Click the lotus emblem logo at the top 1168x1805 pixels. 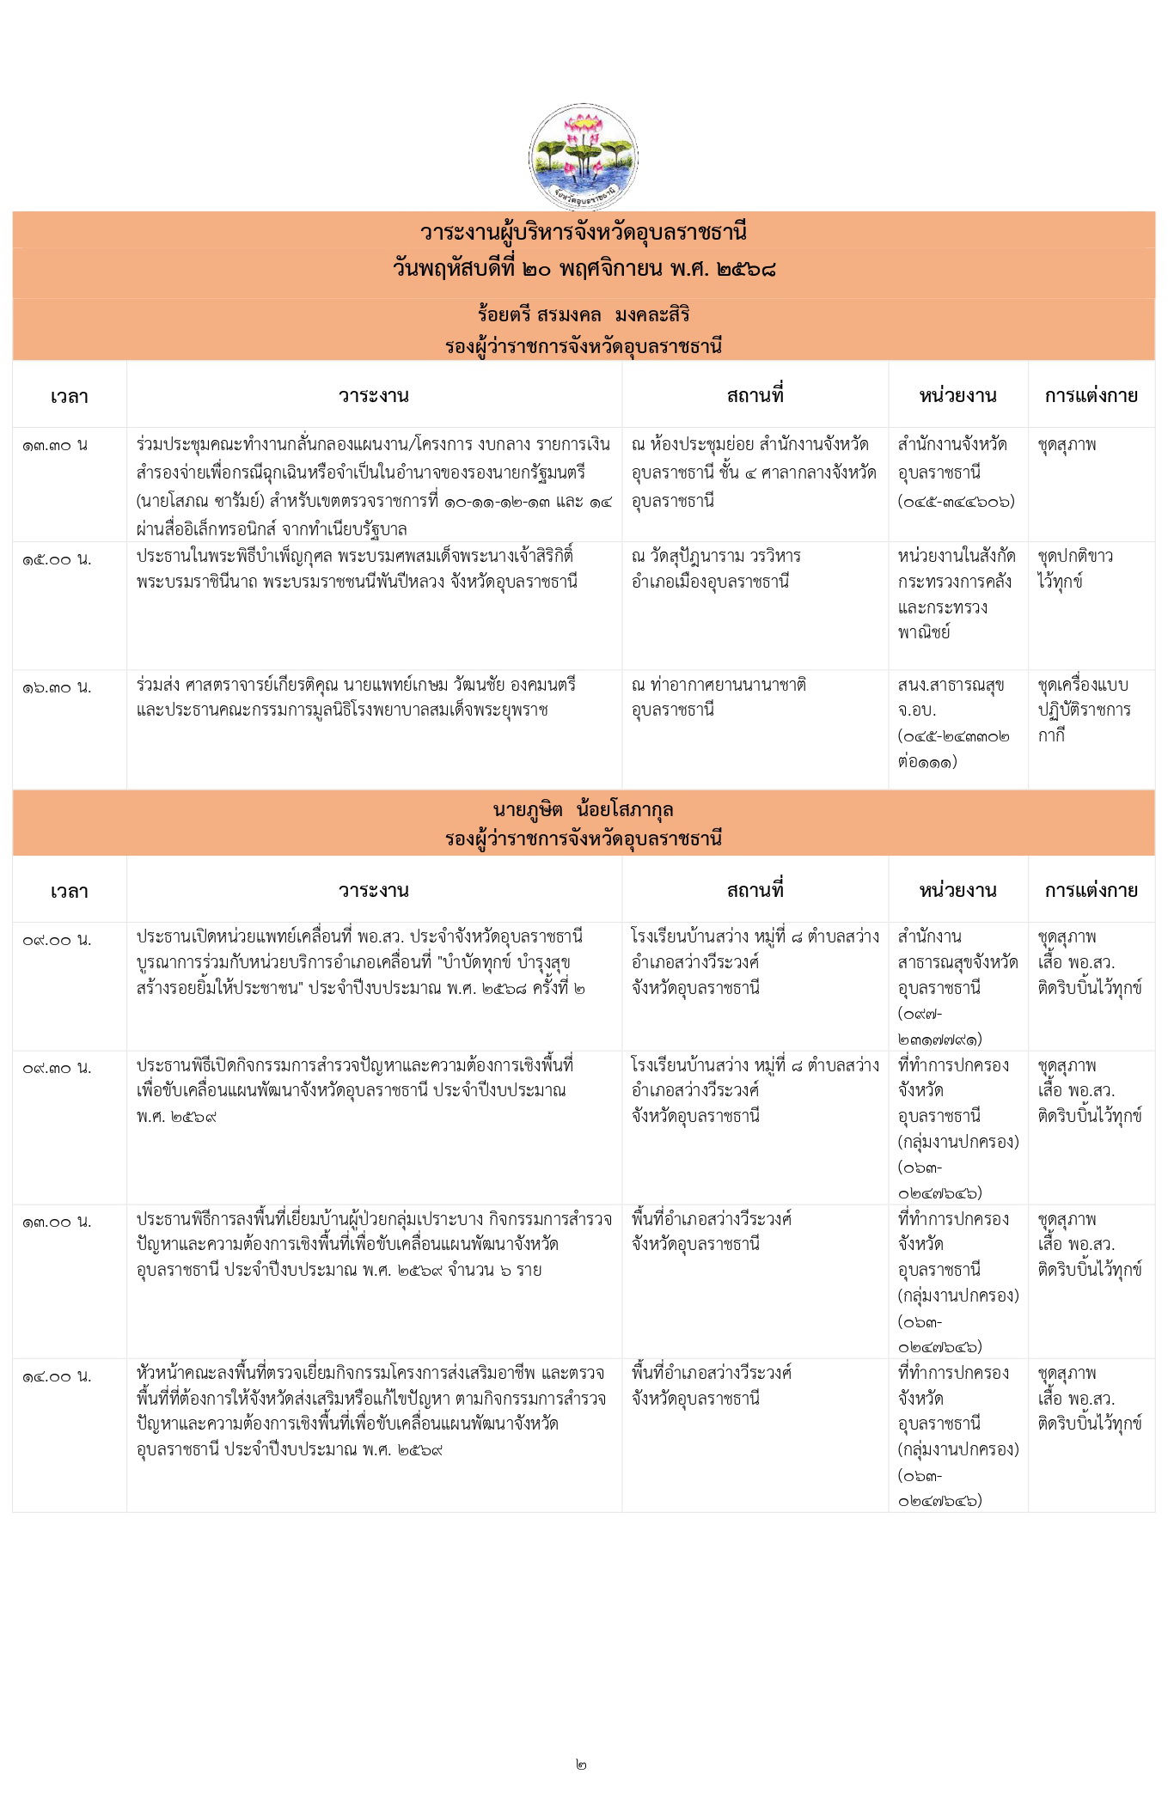click(x=584, y=158)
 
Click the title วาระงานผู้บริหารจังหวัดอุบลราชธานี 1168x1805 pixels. click(x=584, y=232)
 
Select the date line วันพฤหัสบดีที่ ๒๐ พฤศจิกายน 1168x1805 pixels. click(x=584, y=269)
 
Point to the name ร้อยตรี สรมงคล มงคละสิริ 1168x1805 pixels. click(x=584, y=314)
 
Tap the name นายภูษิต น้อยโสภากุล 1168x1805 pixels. click(x=584, y=809)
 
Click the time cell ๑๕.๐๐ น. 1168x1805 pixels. click(x=57, y=559)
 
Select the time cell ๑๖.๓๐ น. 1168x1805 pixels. click(x=57, y=687)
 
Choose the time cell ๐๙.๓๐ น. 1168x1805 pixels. click(x=57, y=1068)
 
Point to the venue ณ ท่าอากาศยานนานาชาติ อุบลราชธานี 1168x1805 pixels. click(x=719, y=698)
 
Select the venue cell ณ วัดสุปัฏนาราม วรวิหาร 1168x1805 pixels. click(x=716, y=569)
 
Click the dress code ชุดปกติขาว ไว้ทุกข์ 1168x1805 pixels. click(x=1074, y=569)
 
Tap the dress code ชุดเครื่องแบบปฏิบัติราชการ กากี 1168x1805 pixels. click(x=1084, y=710)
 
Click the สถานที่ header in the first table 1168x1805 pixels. click(x=755, y=396)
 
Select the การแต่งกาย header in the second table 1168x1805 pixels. click(x=1091, y=891)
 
